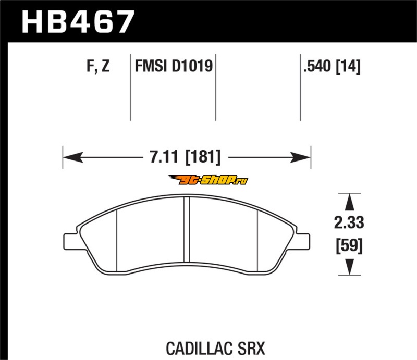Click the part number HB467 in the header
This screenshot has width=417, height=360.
click(x=77, y=21)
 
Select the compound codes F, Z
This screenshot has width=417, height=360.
click(x=98, y=66)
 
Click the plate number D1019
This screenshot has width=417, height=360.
click(x=192, y=66)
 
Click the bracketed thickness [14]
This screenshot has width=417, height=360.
click(x=348, y=67)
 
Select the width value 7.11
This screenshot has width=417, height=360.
click(x=164, y=157)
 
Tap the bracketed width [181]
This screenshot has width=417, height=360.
click(x=203, y=157)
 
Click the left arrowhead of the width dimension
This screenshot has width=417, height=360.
click(x=73, y=157)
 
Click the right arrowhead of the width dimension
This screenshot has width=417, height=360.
click(x=301, y=157)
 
